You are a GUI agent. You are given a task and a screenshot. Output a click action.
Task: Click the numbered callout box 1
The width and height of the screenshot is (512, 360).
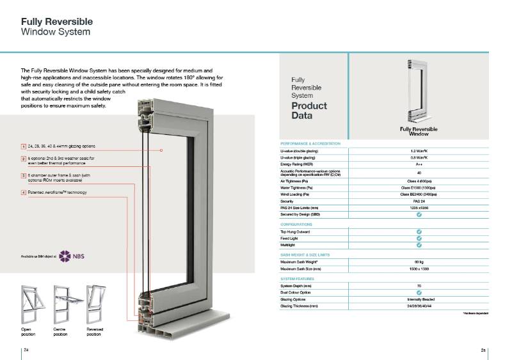(23, 146)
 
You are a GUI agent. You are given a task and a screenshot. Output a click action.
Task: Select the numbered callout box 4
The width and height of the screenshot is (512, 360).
(23, 192)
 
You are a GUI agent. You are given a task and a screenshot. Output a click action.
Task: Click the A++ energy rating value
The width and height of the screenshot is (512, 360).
(419, 164)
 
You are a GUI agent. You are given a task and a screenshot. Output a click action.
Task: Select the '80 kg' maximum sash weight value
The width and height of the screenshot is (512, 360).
(419, 262)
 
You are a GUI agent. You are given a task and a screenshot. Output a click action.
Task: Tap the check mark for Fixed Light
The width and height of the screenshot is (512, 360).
(419, 238)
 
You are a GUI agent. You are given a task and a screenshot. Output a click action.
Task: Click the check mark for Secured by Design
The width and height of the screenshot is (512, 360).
(419, 214)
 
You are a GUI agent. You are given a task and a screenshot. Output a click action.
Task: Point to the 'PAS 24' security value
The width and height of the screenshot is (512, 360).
(419, 201)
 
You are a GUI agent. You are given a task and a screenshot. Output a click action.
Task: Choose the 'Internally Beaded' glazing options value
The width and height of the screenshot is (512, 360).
(419, 299)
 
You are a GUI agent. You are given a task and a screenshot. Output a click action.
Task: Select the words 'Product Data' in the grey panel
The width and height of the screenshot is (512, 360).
(309, 111)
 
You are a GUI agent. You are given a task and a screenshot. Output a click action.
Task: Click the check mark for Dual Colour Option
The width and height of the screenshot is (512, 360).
(419, 293)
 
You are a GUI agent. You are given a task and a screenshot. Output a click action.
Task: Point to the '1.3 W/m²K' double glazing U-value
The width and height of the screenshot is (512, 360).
(419, 151)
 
